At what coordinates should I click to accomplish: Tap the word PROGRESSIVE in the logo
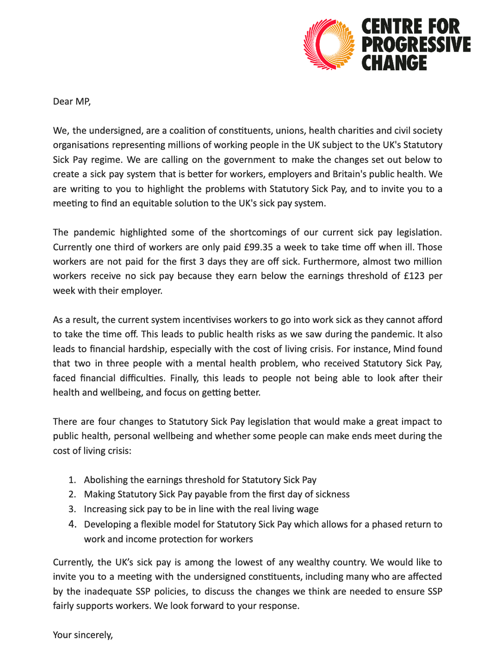tap(416, 45)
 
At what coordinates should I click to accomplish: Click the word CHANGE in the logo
tap(394, 63)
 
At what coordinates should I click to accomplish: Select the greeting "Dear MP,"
tap(72, 101)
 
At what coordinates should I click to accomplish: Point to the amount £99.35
tap(258, 247)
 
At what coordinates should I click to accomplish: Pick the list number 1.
tap(72, 480)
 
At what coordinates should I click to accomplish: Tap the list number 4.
tap(72, 524)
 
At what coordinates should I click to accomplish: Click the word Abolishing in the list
tap(106, 480)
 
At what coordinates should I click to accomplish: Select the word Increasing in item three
tap(105, 509)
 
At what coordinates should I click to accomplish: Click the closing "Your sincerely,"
tap(83, 635)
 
